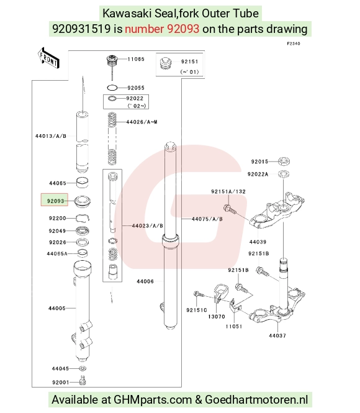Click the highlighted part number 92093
pyautogui.click(x=55, y=201)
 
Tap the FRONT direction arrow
pyautogui.click(x=48, y=58)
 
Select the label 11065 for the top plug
pyautogui.click(x=136, y=59)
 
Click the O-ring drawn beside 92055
pyautogui.click(x=112, y=88)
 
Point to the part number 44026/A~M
pyautogui.click(x=142, y=122)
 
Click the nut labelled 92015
pyautogui.click(x=284, y=161)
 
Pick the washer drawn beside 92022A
pyautogui.click(x=284, y=174)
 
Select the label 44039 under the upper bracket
pyautogui.click(x=258, y=242)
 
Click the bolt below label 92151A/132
pyautogui.click(x=230, y=209)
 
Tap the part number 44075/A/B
pyautogui.click(x=207, y=219)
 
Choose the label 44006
pyautogui.click(x=145, y=281)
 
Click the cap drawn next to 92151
pyautogui.click(x=165, y=63)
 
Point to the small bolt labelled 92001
pyautogui.click(x=83, y=380)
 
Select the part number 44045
pyautogui.click(x=60, y=368)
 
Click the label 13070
pyautogui.click(x=217, y=316)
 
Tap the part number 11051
pyautogui.click(x=233, y=326)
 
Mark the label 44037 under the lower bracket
pyautogui.click(x=277, y=335)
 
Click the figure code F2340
pyautogui.click(x=294, y=43)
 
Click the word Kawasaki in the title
pyautogui.click(x=127, y=13)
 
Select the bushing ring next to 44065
pyautogui.click(x=82, y=183)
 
